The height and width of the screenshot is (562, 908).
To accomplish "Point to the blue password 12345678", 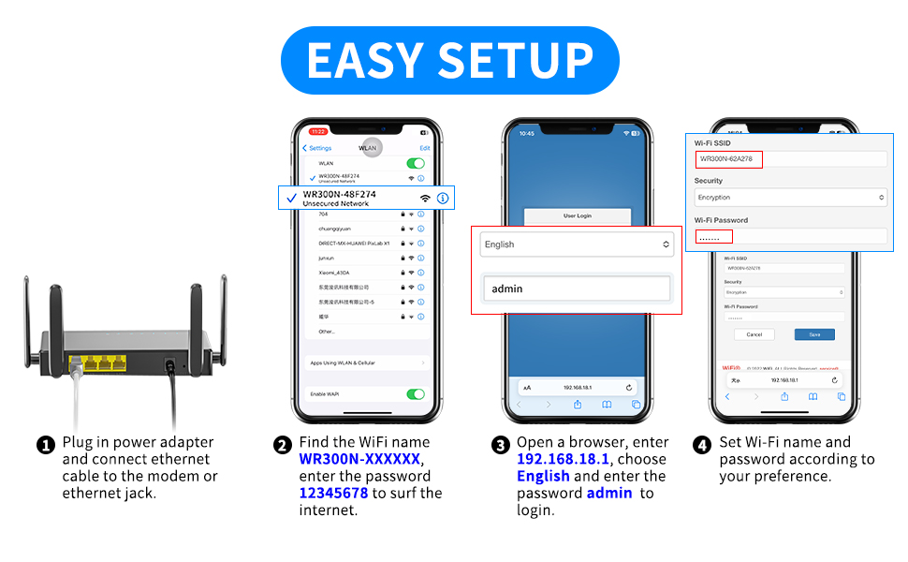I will (334, 493).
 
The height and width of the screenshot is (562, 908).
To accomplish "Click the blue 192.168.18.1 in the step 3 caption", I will (563, 459).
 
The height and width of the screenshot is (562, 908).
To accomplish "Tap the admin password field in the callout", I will (576, 288).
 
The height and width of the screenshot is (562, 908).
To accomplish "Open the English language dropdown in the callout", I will (576, 244).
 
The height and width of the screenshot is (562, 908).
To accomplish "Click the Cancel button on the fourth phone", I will (754, 334).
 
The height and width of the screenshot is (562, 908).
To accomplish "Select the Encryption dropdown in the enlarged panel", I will (790, 198).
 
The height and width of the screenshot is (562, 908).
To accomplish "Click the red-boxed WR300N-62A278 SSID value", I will (728, 159).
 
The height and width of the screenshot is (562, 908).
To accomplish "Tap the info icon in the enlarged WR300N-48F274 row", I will (443, 198).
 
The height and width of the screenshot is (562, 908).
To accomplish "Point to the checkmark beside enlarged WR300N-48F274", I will (291, 198).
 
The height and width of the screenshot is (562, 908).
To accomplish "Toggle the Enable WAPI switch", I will (416, 394).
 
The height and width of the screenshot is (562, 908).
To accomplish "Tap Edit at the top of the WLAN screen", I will (424, 148).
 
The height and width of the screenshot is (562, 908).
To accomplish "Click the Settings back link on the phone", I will (318, 148).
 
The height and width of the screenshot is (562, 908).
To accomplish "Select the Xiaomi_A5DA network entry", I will (334, 273).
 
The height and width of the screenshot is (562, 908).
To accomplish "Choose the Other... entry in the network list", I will (326, 332).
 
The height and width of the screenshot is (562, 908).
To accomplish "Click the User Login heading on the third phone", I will (577, 215).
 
